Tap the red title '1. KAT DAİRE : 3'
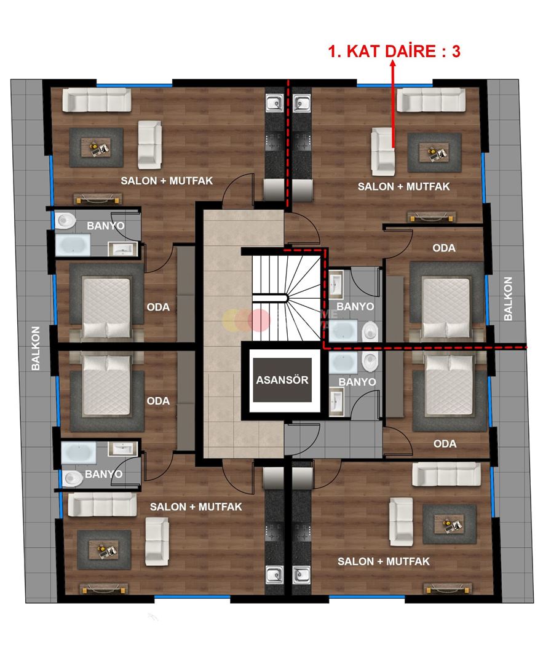(394, 51)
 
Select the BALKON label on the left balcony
(36, 348)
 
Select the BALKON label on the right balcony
(508, 299)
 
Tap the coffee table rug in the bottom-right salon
(449, 524)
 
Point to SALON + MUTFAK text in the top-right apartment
(404, 186)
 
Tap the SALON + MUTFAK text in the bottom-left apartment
(196, 507)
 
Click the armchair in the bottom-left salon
(156, 541)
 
